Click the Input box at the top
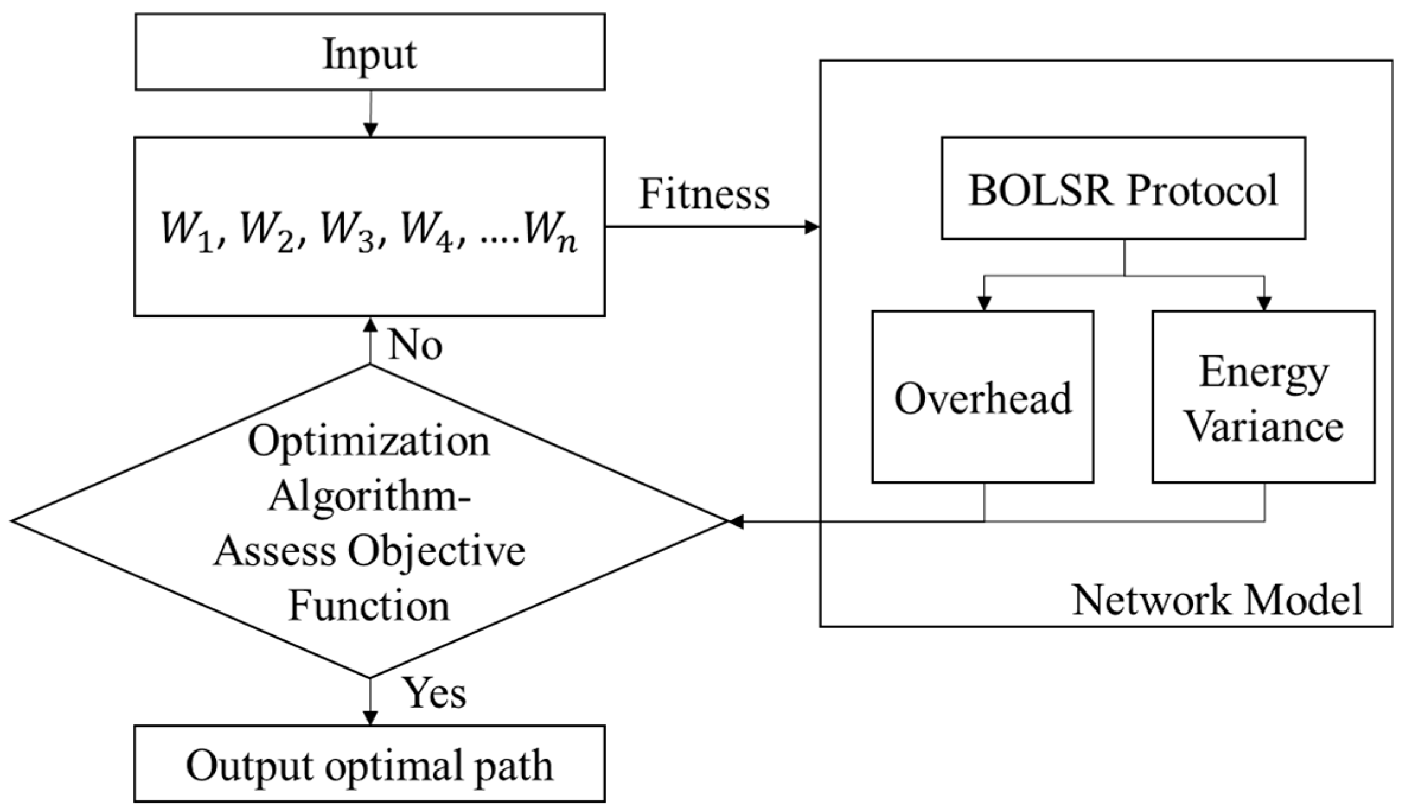coord(369,52)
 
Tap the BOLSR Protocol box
coord(1123,189)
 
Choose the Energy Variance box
coord(1263,396)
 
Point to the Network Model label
coord(1217,600)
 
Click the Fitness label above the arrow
coord(704,193)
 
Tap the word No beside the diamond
coord(415,344)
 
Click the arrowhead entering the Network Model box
coord(812,227)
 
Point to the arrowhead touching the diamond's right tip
coord(735,522)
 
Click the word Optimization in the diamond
coord(369,442)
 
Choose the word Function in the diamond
coord(369,606)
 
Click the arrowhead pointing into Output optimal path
coord(370,718)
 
